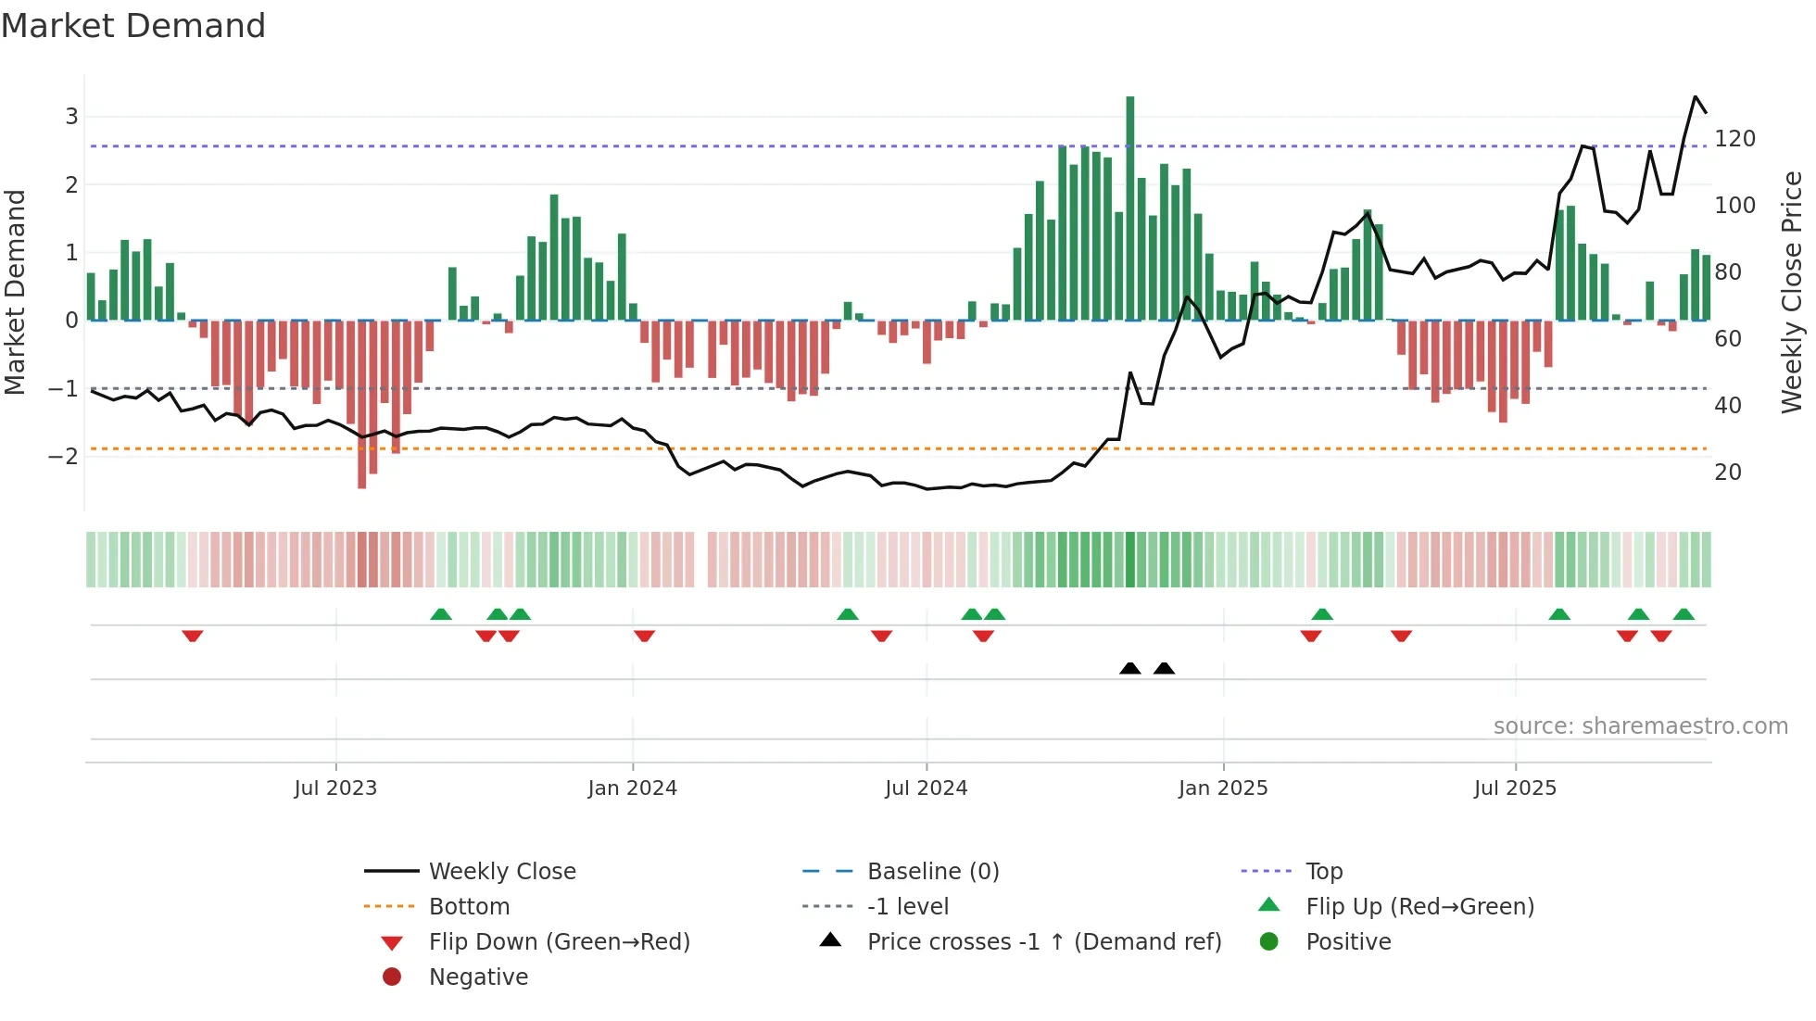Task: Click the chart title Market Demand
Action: pyautogui.click(x=133, y=26)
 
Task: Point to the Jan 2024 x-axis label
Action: pyautogui.click(x=632, y=788)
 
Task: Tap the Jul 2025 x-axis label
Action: pyautogui.click(x=1515, y=788)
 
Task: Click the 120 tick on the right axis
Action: pyautogui.click(x=1734, y=139)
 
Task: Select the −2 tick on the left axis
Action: pyautogui.click(x=64, y=456)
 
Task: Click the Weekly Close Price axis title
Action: pyautogui.click(x=1792, y=292)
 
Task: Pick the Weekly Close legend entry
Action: pyautogui.click(x=501, y=872)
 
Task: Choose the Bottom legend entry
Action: pyautogui.click(x=469, y=907)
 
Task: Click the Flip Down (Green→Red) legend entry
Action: pyautogui.click(x=559, y=942)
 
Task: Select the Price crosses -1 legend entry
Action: pyautogui.click(x=1043, y=942)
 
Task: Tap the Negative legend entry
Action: pyautogui.click(x=478, y=977)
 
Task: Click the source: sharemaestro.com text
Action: pyautogui.click(x=1640, y=726)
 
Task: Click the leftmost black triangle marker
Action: pyautogui.click(x=1129, y=668)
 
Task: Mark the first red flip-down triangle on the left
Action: pyautogui.click(x=193, y=636)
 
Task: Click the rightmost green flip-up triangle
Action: pyautogui.click(x=1684, y=614)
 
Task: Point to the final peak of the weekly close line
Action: pyautogui.click(x=1695, y=97)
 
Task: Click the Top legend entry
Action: pyautogui.click(x=1323, y=872)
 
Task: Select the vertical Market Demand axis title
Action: pyautogui.click(x=15, y=292)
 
